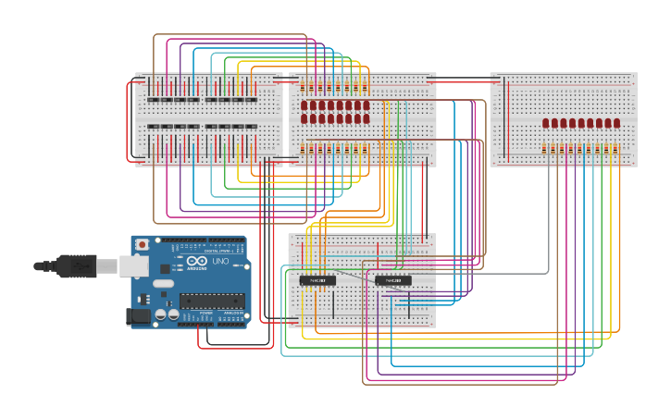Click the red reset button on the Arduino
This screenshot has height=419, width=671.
pyautogui.click(x=142, y=244)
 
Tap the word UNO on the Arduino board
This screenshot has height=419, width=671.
pyautogui.click(x=221, y=262)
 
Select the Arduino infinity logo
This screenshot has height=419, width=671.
pyautogui.click(x=196, y=261)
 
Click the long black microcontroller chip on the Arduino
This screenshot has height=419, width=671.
pyautogui.click(x=212, y=300)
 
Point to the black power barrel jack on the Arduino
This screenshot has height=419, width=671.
pyautogui.click(x=137, y=316)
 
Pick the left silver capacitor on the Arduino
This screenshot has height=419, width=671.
pyautogui.click(x=161, y=314)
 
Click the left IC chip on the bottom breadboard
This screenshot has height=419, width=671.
pyautogui.click(x=317, y=280)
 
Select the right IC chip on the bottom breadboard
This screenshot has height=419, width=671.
pyautogui.click(x=393, y=280)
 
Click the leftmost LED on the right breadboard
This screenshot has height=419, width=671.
pyautogui.click(x=546, y=123)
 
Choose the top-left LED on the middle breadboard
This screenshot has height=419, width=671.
pyautogui.click(x=304, y=105)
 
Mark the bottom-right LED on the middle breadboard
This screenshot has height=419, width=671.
pyautogui.click(x=366, y=118)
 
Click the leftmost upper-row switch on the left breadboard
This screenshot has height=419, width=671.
pyautogui.click(x=154, y=99)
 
